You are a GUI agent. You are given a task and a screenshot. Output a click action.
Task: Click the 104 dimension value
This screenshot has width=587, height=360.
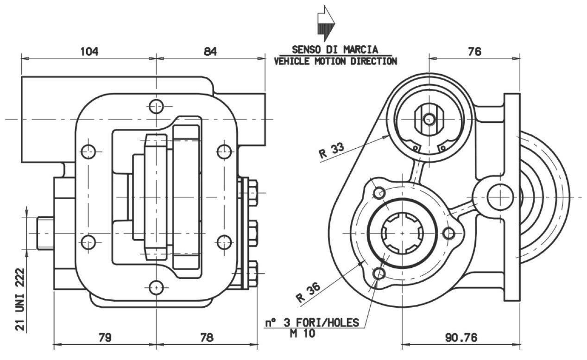89,51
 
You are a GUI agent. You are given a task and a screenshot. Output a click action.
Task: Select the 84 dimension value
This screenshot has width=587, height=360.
210,51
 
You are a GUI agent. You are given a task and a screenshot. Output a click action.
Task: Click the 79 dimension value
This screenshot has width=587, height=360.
105,337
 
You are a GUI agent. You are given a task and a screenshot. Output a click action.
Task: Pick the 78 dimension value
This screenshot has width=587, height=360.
207,337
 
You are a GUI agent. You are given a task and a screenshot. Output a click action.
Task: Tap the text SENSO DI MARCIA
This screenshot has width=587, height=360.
335,49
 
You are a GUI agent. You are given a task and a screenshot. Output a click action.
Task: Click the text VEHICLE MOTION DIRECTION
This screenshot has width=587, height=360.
335,61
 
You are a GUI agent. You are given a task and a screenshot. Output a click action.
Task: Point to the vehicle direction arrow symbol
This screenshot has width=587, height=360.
326,23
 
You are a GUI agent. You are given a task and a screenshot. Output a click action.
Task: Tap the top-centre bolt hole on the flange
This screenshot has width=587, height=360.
157,107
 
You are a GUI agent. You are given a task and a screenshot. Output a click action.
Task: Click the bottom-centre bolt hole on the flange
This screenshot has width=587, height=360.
157,287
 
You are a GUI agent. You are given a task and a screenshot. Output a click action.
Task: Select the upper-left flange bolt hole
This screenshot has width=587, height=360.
88,151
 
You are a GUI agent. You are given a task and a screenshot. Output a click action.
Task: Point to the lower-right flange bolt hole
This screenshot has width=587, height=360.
224,242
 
